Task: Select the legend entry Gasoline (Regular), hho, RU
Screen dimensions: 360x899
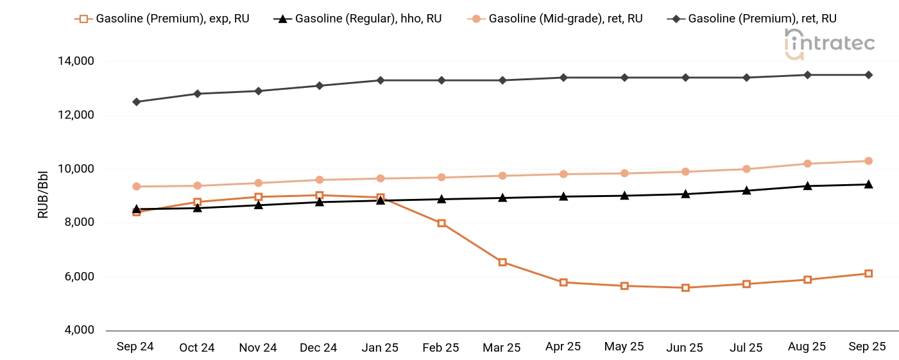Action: [359, 19]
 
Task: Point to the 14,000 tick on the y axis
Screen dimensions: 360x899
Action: [76, 62]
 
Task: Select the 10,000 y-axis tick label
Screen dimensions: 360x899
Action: [76, 169]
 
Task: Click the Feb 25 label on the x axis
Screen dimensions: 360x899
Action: [441, 347]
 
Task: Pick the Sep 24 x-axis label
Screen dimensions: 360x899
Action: [135, 347]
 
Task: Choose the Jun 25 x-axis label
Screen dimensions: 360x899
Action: [685, 347]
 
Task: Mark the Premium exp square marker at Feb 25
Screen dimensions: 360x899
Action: [441, 223]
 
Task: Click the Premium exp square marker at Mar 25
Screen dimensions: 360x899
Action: [502, 262]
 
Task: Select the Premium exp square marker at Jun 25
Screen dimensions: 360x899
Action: [685, 288]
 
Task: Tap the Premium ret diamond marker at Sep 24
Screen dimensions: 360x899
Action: [137, 102]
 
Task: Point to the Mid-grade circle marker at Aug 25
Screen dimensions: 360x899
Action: [807, 164]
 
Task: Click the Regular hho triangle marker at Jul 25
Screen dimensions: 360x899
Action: [746, 191]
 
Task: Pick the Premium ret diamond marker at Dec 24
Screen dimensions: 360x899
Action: [320, 86]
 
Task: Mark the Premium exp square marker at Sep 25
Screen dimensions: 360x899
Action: [868, 273]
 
